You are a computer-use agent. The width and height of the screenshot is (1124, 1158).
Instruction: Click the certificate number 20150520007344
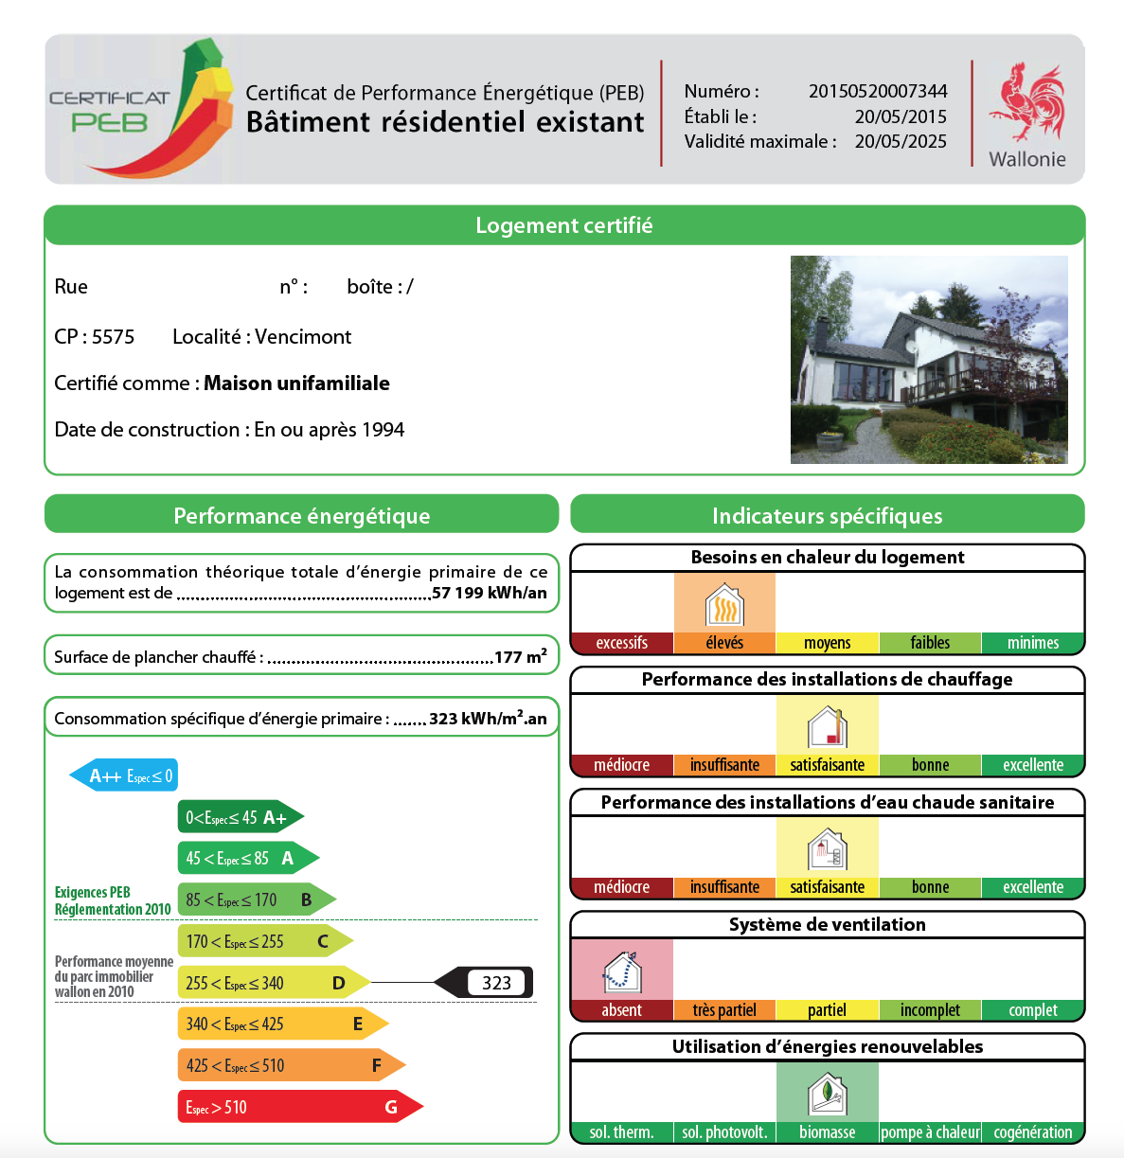pos(877,91)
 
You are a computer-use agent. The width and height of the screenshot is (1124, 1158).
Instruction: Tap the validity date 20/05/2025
pos(900,141)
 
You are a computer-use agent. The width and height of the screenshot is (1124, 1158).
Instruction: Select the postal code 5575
pos(113,337)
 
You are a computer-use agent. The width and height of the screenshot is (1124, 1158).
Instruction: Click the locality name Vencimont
pos(303,337)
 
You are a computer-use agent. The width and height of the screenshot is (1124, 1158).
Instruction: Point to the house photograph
pos(928,360)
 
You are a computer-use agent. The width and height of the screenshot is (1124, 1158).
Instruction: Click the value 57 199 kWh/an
pos(490,593)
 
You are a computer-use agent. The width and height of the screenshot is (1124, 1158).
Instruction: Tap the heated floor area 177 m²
pos(520,656)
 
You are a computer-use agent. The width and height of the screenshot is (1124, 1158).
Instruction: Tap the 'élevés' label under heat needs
pos(724,643)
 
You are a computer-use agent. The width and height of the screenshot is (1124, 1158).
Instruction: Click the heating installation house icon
pos(827,727)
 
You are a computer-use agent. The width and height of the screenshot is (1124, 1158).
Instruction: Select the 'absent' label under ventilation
pos(621,1010)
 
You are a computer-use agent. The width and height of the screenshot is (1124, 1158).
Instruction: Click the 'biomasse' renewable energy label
pos(827,1132)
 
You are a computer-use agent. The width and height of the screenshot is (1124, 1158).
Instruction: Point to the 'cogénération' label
pos(1032,1132)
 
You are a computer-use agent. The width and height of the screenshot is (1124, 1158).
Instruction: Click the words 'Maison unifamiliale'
pos(296,383)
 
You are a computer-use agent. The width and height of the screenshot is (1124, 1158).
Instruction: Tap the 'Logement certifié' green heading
pos(563,225)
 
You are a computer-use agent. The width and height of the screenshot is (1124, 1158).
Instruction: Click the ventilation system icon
pos(622,971)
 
